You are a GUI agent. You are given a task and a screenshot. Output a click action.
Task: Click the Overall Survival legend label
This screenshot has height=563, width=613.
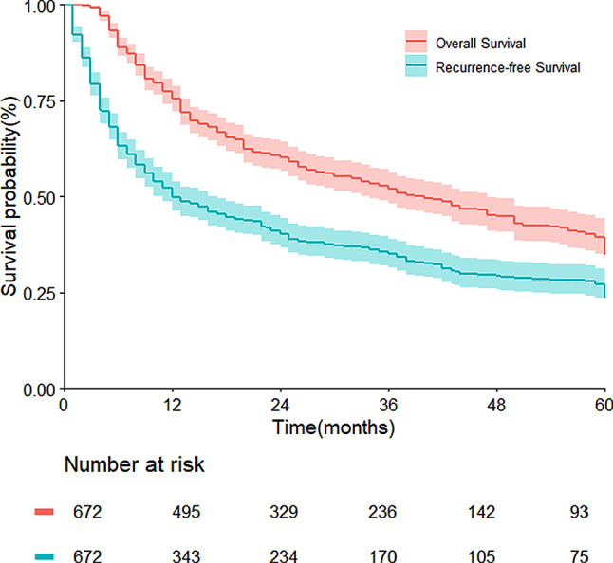[x=480, y=43]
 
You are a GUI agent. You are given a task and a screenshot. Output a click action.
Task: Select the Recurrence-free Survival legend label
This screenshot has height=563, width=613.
[x=508, y=67]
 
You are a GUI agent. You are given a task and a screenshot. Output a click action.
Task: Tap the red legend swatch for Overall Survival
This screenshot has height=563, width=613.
[x=416, y=41]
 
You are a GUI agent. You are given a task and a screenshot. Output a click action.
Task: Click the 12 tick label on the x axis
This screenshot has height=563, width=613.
[x=173, y=406]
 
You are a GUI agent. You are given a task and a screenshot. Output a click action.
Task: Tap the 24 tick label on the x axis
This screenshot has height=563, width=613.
[x=281, y=406]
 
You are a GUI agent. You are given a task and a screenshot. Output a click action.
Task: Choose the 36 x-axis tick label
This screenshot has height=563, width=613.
[x=389, y=406]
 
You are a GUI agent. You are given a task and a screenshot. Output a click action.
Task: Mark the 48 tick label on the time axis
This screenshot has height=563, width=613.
[x=496, y=406]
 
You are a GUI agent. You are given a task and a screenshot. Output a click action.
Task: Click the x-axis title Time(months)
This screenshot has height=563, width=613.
[x=333, y=427]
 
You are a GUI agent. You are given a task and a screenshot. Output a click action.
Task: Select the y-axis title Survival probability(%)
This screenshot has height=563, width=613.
[x=9, y=197]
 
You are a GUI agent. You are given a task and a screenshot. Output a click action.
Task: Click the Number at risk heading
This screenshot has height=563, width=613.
[x=134, y=464]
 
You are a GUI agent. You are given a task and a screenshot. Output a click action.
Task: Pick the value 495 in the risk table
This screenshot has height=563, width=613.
[x=186, y=512]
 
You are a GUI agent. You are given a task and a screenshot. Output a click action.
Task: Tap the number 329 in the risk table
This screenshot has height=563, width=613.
[x=284, y=512]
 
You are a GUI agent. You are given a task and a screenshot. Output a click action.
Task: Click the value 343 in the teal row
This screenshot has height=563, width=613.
[x=186, y=556]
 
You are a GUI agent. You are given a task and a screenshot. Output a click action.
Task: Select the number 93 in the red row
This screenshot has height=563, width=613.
[x=579, y=512]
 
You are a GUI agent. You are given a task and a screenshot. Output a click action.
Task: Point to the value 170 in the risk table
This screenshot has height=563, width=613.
[x=382, y=556]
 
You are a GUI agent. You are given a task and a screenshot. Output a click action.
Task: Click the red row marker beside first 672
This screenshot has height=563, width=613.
[x=45, y=512]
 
